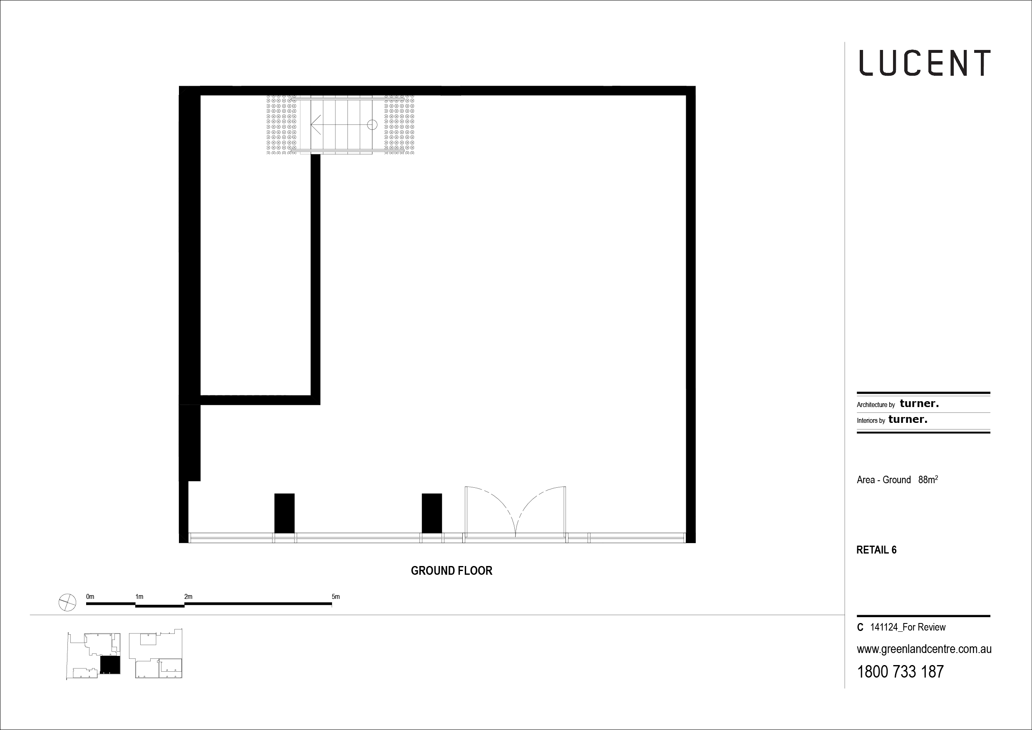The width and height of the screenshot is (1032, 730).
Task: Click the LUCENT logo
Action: point(925,62)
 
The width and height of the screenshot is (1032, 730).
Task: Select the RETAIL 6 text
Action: point(876,550)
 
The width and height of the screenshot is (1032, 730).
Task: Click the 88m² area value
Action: point(928,479)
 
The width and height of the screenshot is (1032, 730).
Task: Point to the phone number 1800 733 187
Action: point(901,672)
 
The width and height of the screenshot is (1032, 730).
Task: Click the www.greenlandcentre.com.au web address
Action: point(924,650)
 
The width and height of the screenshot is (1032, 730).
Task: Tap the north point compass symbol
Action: point(67,602)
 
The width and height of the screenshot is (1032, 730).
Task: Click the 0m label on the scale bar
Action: point(90,596)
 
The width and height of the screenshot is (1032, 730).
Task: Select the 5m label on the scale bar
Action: point(336,596)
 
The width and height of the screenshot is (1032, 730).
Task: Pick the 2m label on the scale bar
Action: point(189,596)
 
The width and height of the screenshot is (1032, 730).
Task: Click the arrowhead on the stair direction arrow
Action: point(315,124)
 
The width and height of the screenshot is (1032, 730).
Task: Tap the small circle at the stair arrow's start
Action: point(372,124)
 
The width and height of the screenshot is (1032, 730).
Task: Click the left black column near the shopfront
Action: point(285,513)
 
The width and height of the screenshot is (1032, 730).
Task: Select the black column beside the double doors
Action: point(432,513)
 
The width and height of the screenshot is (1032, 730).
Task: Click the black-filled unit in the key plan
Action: point(110,665)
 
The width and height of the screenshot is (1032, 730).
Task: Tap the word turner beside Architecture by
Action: point(919,404)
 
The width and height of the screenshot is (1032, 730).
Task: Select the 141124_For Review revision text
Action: point(908,627)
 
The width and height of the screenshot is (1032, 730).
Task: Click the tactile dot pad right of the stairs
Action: point(399,124)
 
